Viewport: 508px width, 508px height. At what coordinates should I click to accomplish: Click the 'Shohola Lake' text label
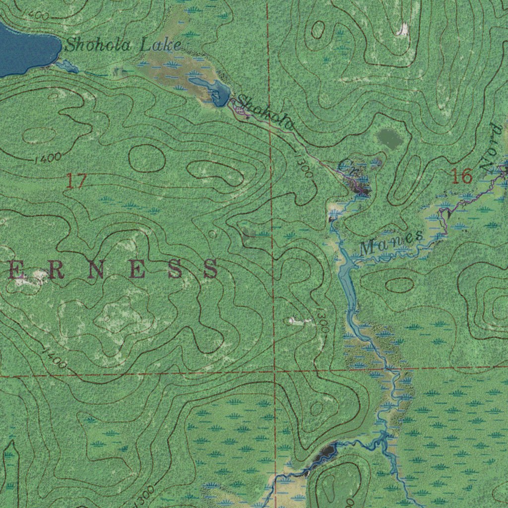pyautogui.click(x=123, y=46)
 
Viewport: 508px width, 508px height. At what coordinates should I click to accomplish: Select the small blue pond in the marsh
pyautogui.click(x=213, y=89)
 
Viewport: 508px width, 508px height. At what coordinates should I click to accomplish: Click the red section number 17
pyautogui.click(x=76, y=182)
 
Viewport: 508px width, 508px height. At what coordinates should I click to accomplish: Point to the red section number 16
pyautogui.click(x=461, y=176)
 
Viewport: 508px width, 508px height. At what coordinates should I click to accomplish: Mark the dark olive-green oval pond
pyautogui.click(x=390, y=139)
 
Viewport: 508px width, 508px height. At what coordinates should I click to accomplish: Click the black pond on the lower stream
pyautogui.click(x=326, y=451)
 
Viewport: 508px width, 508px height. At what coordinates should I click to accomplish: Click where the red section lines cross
pyautogui.click(x=274, y=370)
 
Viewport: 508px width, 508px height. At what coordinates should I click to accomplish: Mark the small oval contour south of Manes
pyautogui.click(x=399, y=285)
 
